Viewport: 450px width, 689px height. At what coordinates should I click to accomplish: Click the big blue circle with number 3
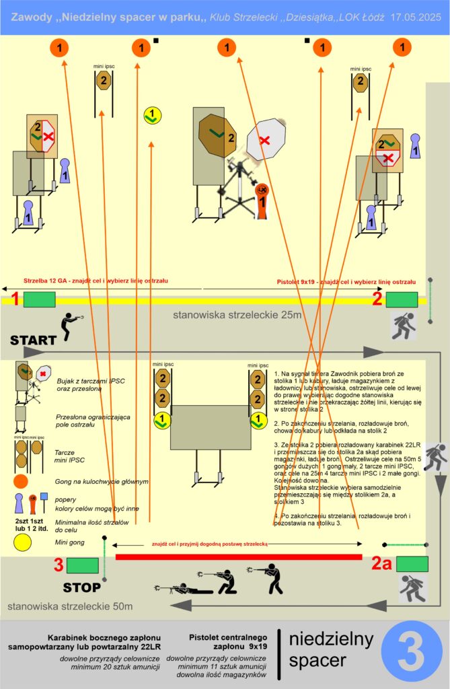[412, 651]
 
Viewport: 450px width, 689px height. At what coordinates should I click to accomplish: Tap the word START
[33, 340]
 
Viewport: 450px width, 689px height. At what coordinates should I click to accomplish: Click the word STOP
[81, 587]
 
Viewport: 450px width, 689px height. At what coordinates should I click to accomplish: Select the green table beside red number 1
[39, 299]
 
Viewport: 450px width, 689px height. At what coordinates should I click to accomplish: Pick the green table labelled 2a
[412, 564]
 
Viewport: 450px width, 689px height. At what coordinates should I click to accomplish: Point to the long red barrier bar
[239, 557]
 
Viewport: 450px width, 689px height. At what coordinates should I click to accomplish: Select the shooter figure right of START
[70, 326]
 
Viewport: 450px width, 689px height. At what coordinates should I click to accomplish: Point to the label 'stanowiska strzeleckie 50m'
[70, 606]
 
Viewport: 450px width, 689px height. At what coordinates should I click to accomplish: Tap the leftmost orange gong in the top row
[59, 47]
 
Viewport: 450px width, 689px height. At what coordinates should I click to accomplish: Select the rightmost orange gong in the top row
[402, 47]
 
